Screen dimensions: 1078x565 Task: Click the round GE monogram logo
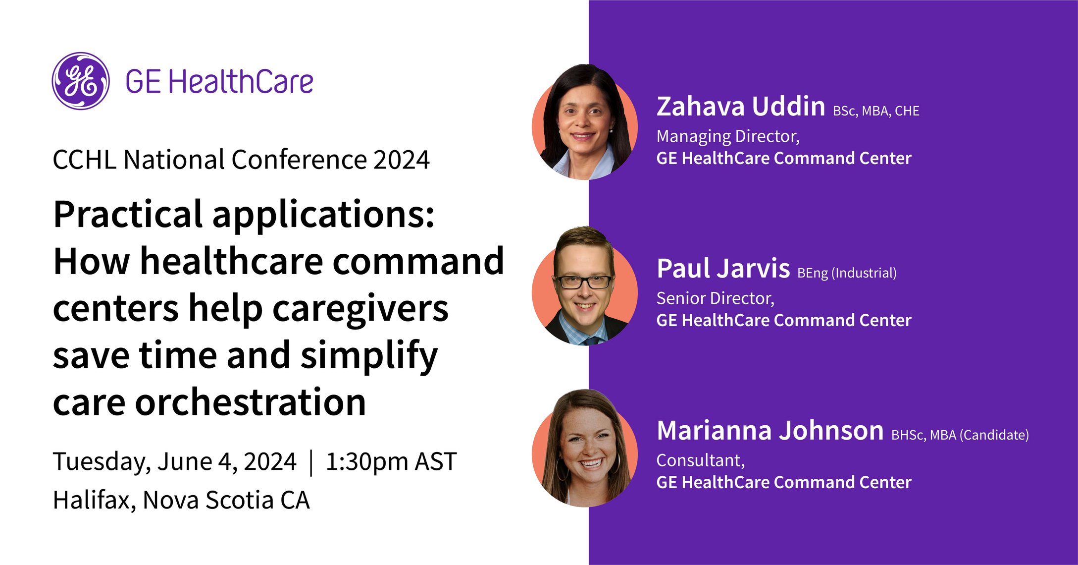(x=81, y=81)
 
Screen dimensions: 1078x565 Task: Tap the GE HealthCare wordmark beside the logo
(x=219, y=82)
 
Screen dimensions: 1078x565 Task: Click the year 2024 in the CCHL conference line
(x=402, y=160)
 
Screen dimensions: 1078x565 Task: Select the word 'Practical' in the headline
(x=128, y=215)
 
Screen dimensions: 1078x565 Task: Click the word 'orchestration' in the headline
(x=251, y=402)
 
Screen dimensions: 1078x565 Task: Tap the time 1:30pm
(x=367, y=462)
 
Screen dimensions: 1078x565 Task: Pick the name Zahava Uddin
(x=741, y=107)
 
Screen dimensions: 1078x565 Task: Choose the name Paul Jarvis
(x=723, y=269)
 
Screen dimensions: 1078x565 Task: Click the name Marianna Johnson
(x=770, y=430)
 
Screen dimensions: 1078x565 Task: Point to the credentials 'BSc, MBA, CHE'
(x=876, y=111)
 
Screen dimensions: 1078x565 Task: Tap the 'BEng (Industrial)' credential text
(x=847, y=273)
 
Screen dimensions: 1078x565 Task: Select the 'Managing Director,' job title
(x=728, y=136)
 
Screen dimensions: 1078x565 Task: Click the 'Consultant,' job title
(x=701, y=460)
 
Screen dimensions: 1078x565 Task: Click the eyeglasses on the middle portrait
(x=585, y=282)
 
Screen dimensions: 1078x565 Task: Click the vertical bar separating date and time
(x=311, y=462)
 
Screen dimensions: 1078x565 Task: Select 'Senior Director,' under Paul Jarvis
(x=716, y=298)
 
